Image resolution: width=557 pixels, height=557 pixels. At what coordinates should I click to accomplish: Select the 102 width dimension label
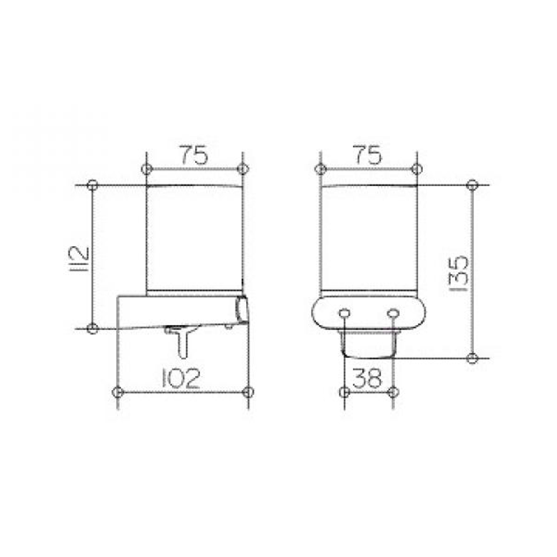[181, 378]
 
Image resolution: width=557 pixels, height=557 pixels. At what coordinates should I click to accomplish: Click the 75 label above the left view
[194, 155]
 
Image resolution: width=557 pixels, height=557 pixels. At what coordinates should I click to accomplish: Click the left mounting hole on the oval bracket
[344, 313]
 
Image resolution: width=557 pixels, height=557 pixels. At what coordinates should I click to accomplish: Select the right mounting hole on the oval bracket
[393, 313]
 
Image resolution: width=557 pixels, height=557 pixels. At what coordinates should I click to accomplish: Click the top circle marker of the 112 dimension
[92, 185]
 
